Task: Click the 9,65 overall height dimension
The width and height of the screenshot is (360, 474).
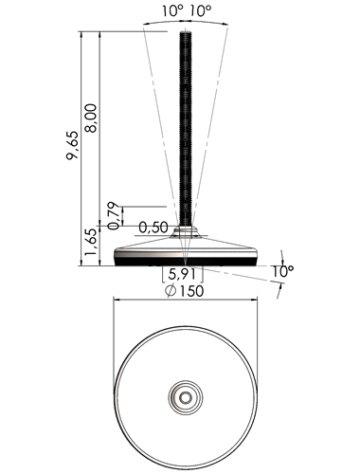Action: [x=73, y=145]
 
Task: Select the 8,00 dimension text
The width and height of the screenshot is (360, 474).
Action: [x=92, y=118]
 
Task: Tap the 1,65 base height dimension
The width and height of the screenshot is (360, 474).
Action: [x=90, y=243]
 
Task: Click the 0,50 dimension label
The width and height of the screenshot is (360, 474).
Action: [x=153, y=228]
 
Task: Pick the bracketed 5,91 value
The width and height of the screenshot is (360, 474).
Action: [x=182, y=274]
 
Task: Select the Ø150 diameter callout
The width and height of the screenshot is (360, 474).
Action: [x=185, y=291]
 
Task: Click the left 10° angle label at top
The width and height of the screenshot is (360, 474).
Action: [x=172, y=11]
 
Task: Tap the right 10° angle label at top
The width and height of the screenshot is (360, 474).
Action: [x=201, y=11]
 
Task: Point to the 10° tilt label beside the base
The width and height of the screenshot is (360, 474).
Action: [x=282, y=271]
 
